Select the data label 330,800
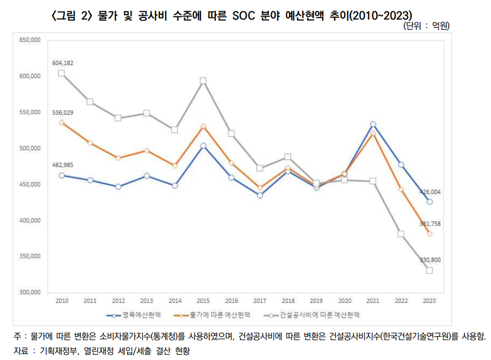tap(430, 260)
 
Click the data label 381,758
tap(430, 224)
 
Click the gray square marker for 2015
tap(203, 81)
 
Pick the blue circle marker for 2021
tap(372, 124)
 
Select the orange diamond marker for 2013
tap(146, 151)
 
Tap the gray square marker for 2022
tap(401, 234)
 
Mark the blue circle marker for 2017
tap(259, 195)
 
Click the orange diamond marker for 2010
tap(62, 122)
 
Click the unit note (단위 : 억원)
tap(427, 26)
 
